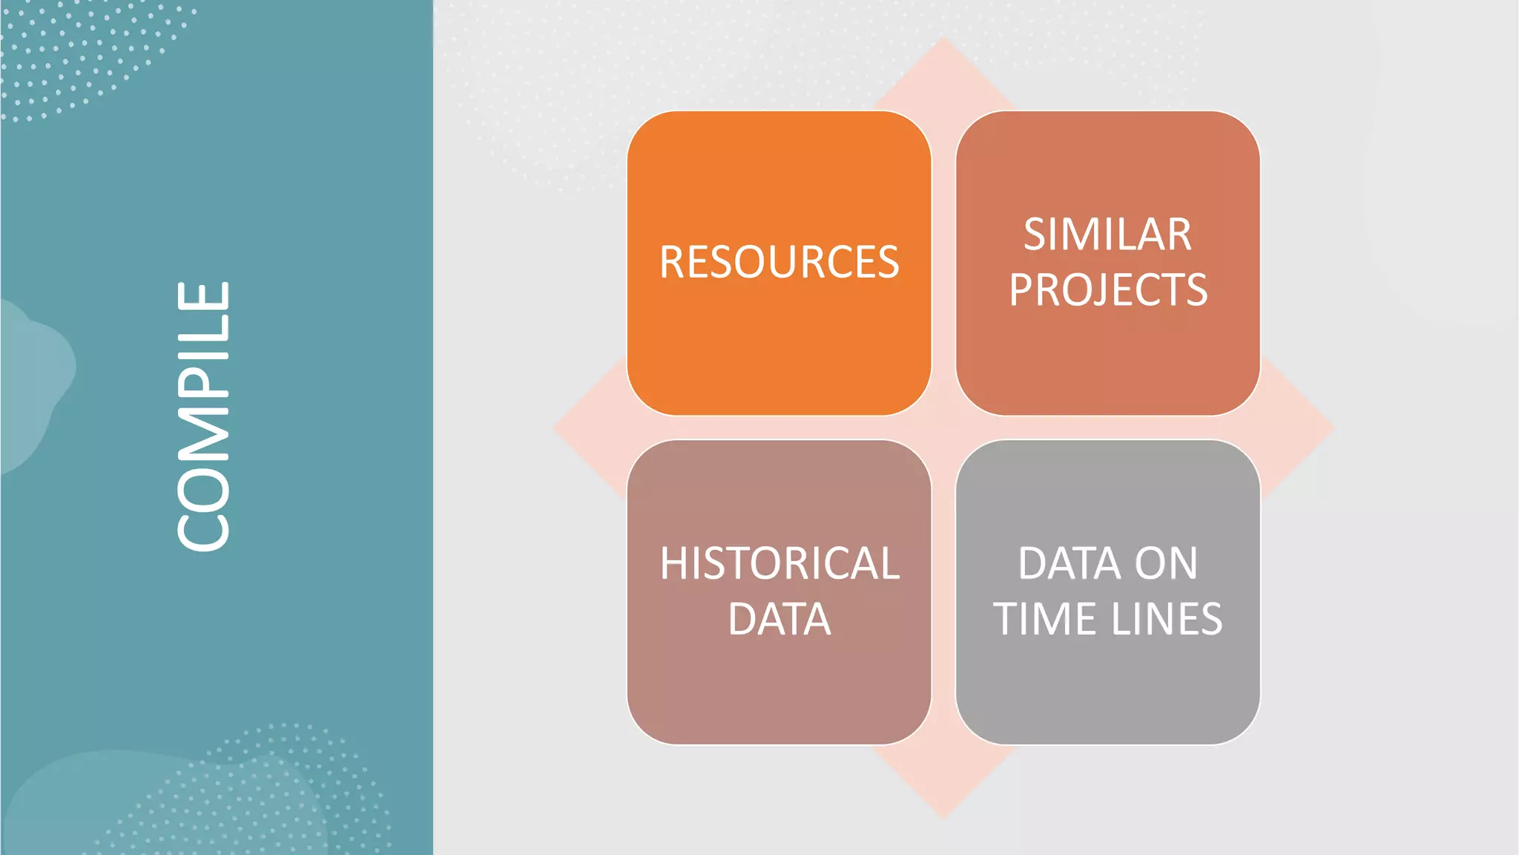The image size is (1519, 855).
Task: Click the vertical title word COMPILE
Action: (203, 416)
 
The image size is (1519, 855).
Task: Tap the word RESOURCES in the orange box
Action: (779, 262)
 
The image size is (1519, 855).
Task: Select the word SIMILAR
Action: (1107, 235)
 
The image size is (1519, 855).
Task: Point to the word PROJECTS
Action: (1108, 289)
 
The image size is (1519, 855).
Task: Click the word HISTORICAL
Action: (780, 563)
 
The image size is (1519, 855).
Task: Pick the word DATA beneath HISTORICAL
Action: (780, 619)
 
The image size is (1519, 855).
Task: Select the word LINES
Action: (1166, 619)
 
